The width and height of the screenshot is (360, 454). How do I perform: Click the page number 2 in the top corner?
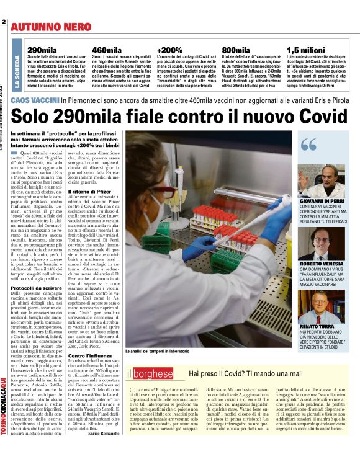(x=4, y=23)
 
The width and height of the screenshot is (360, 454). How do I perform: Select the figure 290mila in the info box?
(x=41, y=50)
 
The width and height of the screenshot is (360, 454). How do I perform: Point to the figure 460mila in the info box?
(x=106, y=50)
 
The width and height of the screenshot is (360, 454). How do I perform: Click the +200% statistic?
(x=169, y=50)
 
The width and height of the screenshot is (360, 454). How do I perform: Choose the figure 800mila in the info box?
(x=236, y=50)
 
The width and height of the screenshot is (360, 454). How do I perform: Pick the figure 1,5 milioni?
(x=305, y=50)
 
